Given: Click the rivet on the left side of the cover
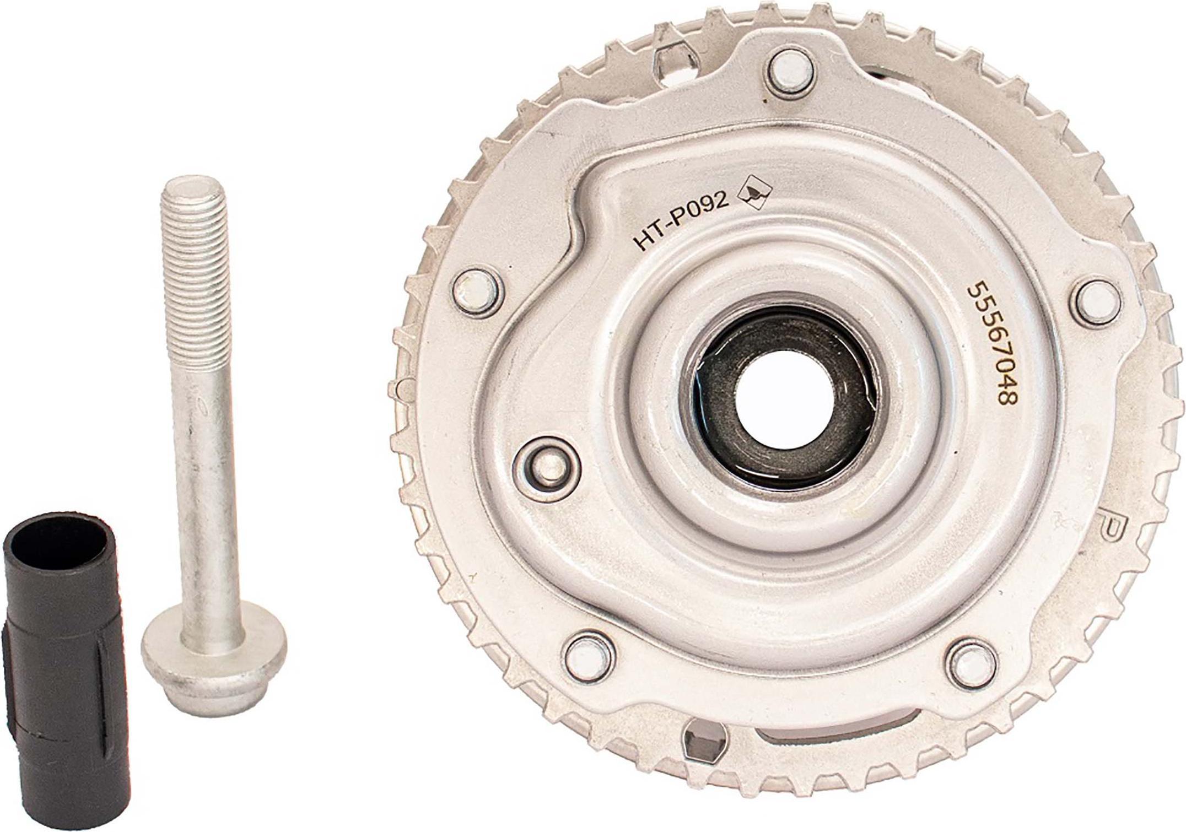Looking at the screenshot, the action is (477, 294).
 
